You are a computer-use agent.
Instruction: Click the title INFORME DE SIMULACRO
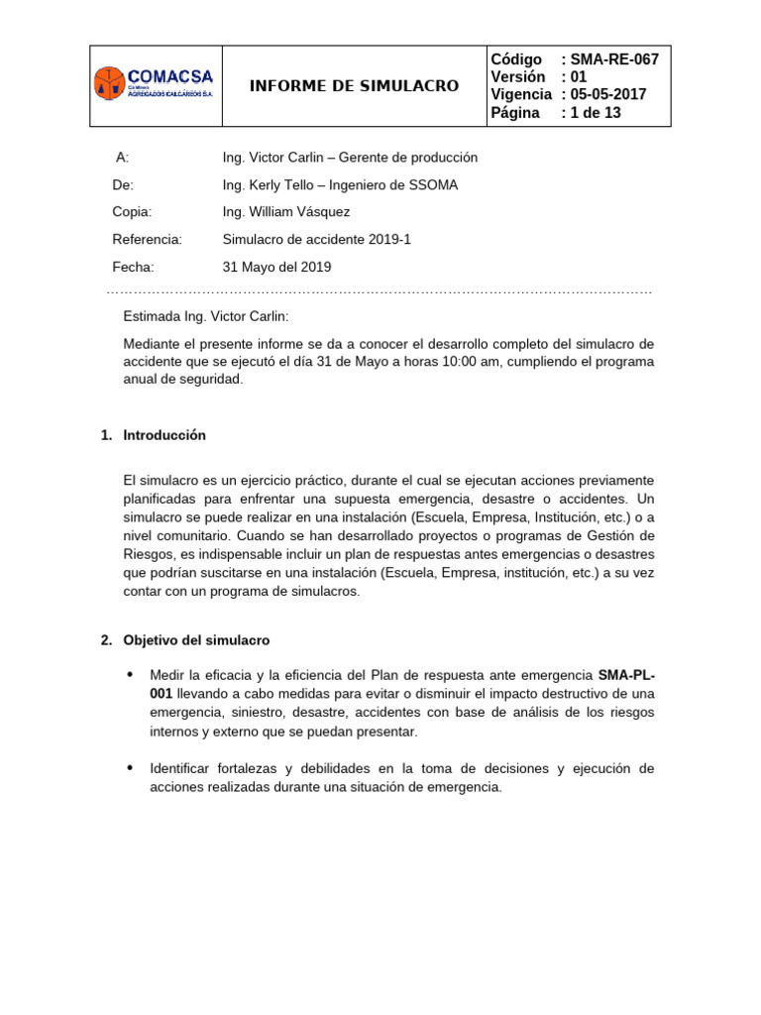(354, 86)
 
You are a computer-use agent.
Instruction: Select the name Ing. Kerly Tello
(266, 185)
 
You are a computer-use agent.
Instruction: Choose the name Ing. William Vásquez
(286, 212)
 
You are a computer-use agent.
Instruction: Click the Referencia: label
(148, 240)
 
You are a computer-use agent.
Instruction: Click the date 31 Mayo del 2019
(277, 268)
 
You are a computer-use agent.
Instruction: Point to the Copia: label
(132, 212)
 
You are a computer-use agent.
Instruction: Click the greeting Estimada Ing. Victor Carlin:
(205, 317)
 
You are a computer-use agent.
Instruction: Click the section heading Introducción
(164, 435)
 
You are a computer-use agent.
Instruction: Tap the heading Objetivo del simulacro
(196, 640)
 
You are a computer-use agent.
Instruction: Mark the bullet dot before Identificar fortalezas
(130, 768)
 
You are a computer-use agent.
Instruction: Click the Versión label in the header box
(517, 77)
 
